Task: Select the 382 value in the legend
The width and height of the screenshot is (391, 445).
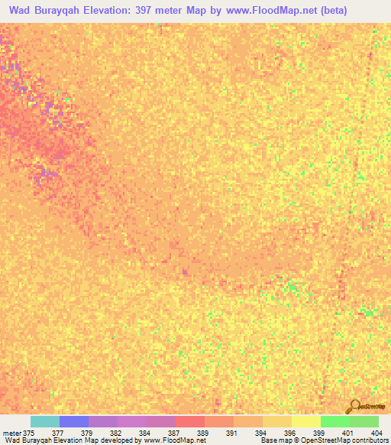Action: click(115, 432)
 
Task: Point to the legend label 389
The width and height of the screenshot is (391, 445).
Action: click(203, 432)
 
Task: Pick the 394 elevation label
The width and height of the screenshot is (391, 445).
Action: click(261, 432)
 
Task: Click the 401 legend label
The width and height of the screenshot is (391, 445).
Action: click(347, 432)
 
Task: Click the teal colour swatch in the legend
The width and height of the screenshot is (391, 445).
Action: click(45, 421)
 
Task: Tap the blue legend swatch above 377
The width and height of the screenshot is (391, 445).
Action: click(74, 421)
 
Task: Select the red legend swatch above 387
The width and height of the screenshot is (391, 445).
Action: click(190, 421)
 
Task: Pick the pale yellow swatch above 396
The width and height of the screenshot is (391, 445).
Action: click(306, 421)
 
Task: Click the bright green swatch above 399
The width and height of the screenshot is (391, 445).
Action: click(335, 421)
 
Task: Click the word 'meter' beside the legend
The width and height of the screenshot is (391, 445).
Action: click(12, 432)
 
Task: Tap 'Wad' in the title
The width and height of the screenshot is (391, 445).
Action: click(21, 11)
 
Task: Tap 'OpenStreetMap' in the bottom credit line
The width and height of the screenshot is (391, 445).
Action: click(311, 440)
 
